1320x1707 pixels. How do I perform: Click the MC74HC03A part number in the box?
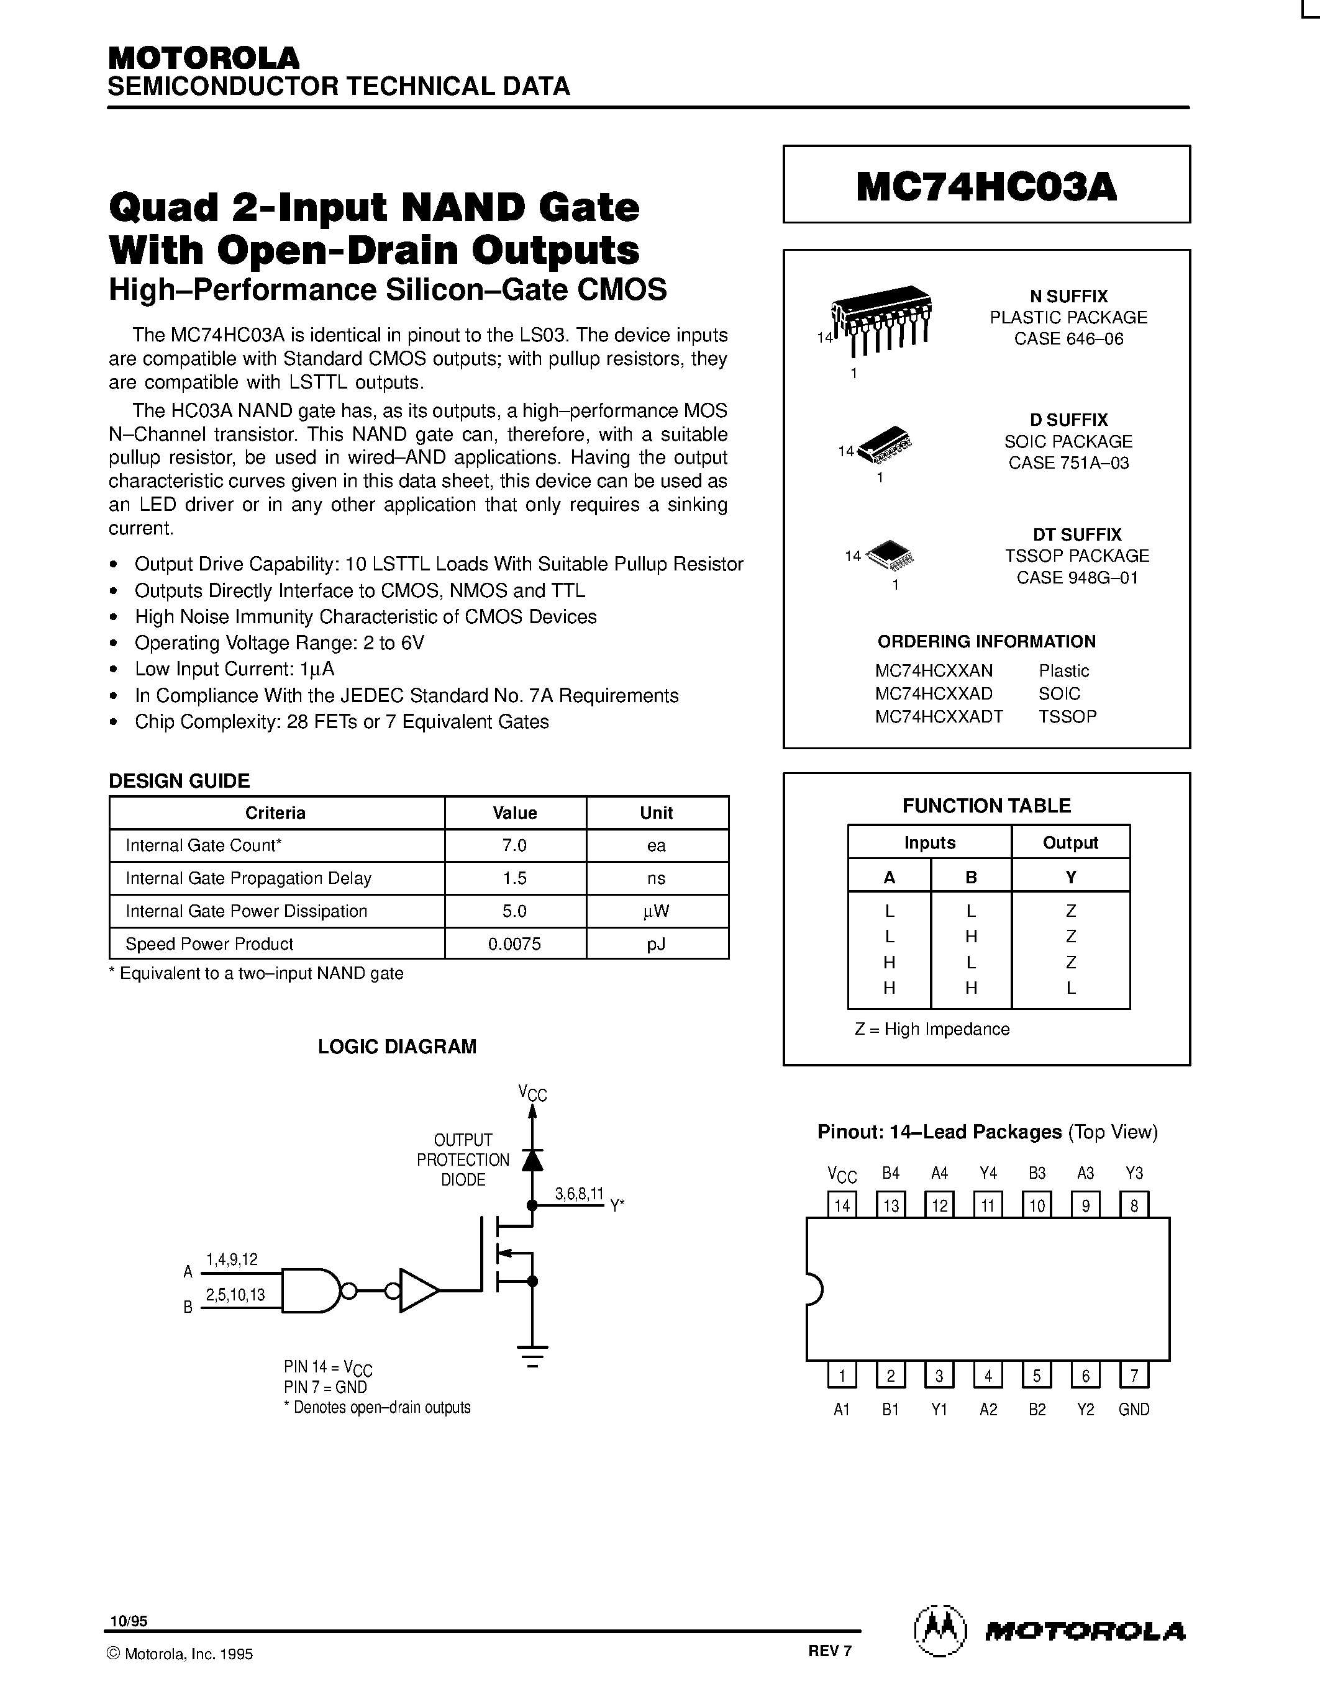tap(986, 186)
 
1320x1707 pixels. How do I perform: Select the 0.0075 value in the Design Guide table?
tap(514, 944)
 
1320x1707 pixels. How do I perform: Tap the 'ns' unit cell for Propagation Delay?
tap(656, 878)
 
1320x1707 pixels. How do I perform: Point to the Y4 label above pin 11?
tap(988, 1173)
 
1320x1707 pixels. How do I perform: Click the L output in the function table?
tap(1070, 987)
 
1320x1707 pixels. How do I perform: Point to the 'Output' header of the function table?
tap(1070, 842)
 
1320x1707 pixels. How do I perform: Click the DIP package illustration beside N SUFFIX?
tap(881, 319)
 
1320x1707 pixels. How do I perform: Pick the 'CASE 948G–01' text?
tap(1076, 578)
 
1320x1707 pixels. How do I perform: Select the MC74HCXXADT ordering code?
tap(939, 716)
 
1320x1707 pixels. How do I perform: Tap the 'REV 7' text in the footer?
tap(830, 1651)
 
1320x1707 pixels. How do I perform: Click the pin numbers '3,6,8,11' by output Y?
tap(579, 1194)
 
